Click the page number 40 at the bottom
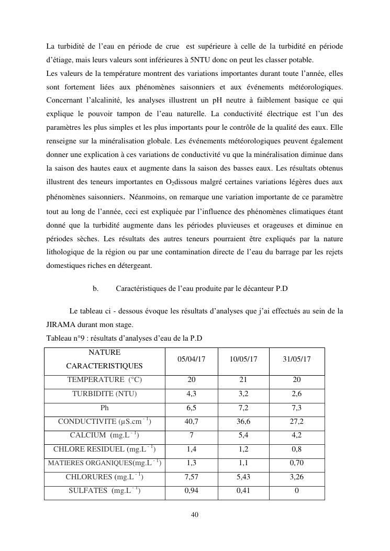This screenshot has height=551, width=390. (195, 515)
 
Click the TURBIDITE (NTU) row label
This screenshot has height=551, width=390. (105, 394)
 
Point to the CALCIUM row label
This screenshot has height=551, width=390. (105, 435)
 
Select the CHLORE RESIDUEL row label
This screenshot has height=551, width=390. (105, 449)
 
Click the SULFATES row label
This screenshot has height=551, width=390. (105, 491)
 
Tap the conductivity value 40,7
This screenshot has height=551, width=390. (191, 421)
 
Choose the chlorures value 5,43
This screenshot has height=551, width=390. (243, 477)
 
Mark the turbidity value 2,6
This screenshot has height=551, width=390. (297, 394)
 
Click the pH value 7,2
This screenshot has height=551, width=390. (243, 408)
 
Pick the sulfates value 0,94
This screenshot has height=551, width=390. (191, 491)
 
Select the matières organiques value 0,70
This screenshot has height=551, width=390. (297, 463)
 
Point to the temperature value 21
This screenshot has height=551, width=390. (243, 380)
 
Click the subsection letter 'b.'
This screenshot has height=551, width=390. (96, 288)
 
